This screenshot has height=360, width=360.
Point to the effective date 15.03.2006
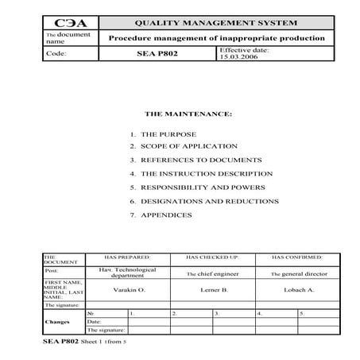(x=240, y=58)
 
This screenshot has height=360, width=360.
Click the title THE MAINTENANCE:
(x=188, y=114)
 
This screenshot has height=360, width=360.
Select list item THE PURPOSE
(x=168, y=134)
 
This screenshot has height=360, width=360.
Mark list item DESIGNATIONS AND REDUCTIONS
(x=209, y=201)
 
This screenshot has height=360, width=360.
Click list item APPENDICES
(x=166, y=215)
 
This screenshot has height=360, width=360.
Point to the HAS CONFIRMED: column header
(x=298, y=258)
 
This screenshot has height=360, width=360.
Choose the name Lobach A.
(x=299, y=289)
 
